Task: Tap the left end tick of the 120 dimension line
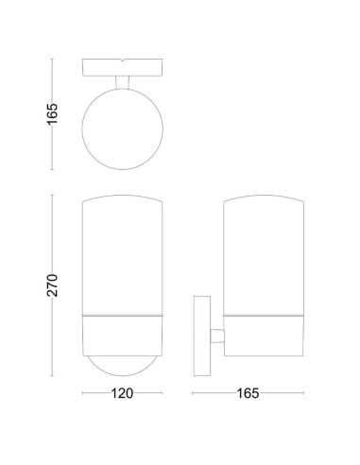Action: click(82, 390)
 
